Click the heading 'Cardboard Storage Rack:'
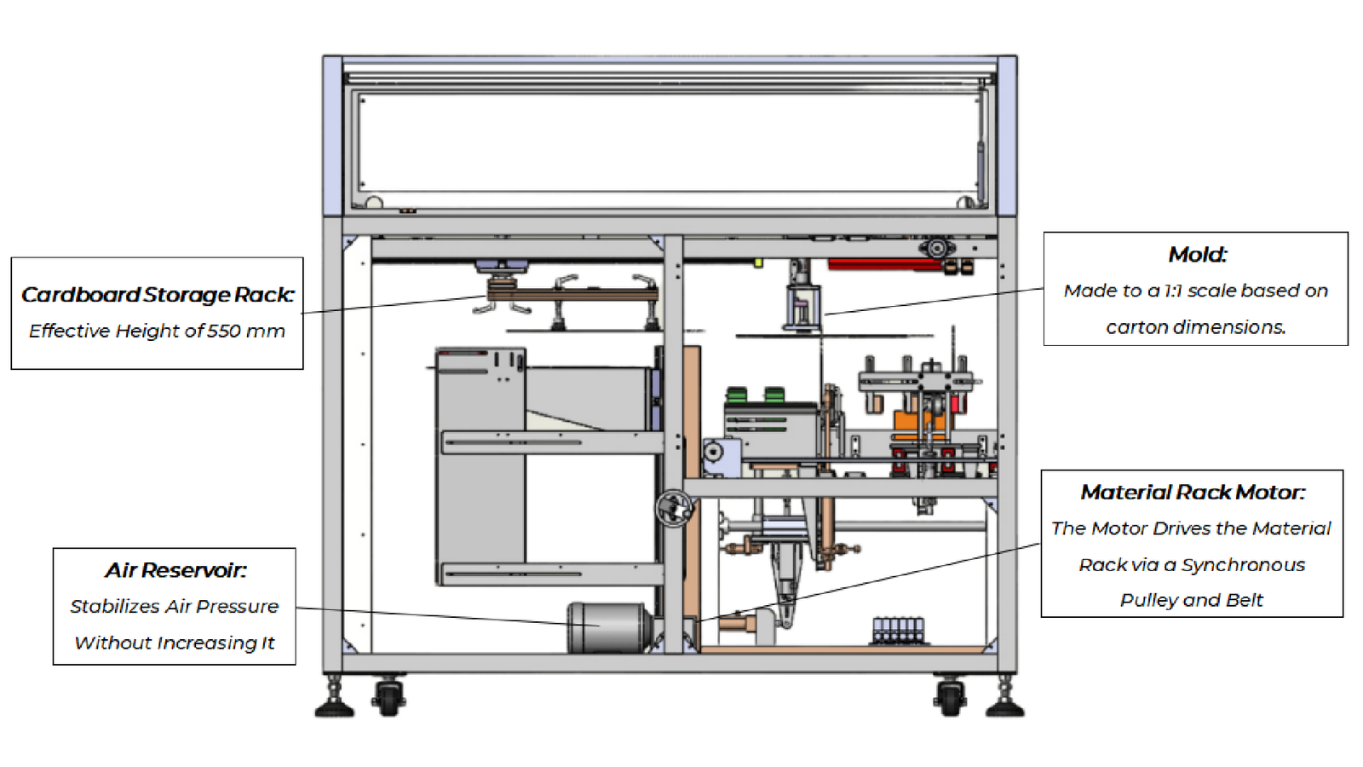click(x=158, y=295)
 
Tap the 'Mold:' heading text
click(x=1197, y=255)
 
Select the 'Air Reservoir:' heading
click(x=175, y=570)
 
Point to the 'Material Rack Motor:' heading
click(x=1193, y=492)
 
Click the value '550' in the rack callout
click(x=224, y=331)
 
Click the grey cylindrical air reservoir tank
click(x=609, y=627)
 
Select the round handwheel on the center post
click(x=674, y=508)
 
